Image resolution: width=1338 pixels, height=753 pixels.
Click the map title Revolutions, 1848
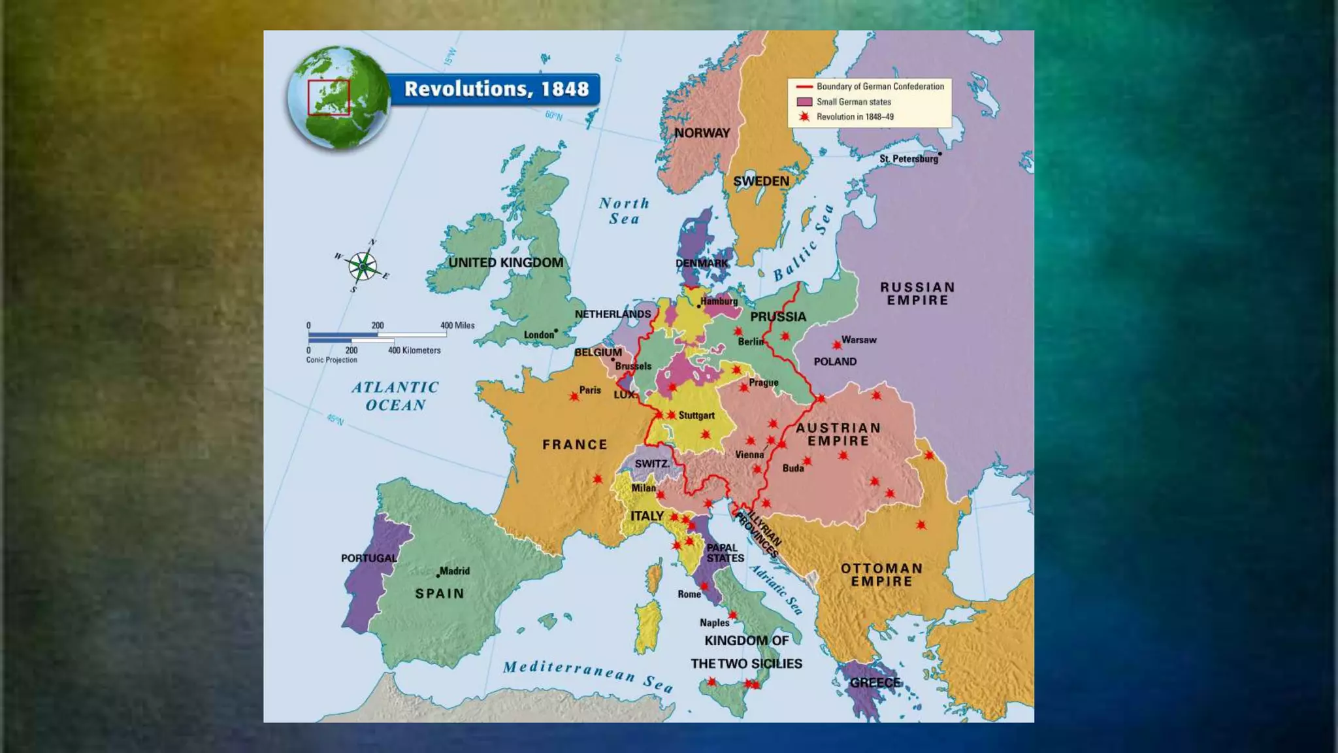[x=496, y=89]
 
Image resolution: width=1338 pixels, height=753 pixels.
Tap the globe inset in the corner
[x=338, y=97]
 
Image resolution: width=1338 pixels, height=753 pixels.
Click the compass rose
[x=362, y=267]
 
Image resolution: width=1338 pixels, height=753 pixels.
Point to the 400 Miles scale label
[x=457, y=325]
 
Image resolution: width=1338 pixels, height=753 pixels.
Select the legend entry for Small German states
[x=853, y=102]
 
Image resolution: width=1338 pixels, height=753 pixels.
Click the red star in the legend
[x=804, y=117]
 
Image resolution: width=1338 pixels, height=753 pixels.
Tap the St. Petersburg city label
[x=908, y=159]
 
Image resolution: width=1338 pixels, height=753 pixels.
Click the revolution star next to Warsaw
[x=837, y=344]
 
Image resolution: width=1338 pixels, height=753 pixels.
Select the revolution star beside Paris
[x=574, y=396]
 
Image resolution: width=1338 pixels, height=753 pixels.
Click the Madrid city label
[x=454, y=571]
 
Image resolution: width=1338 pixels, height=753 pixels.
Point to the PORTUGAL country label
[x=368, y=558]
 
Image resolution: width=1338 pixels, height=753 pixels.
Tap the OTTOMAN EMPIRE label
[x=881, y=575]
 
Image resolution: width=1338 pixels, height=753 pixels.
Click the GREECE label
[x=875, y=682]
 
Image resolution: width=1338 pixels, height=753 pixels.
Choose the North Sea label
[x=624, y=211]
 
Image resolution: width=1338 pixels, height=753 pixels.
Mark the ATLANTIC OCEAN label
[x=395, y=396]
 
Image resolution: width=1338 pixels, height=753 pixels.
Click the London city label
[x=538, y=335]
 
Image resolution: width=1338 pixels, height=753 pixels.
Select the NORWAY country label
[x=702, y=133]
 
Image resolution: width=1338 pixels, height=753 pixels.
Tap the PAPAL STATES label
[x=725, y=553]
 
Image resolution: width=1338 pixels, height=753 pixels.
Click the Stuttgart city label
[x=696, y=415]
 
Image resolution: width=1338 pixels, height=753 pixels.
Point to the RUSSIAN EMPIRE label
[x=917, y=293]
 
